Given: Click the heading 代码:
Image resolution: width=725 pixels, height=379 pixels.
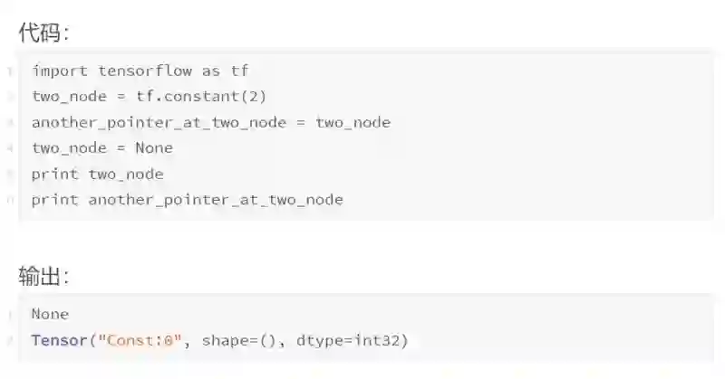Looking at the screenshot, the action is [x=43, y=33].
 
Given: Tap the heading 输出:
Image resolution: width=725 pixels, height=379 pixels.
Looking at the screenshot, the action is [x=43, y=276].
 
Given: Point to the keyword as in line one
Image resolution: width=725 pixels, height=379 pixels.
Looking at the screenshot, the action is [x=210, y=71].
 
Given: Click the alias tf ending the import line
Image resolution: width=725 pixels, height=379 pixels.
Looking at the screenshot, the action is [x=239, y=71].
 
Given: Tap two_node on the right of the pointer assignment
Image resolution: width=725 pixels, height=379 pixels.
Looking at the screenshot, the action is [x=353, y=122].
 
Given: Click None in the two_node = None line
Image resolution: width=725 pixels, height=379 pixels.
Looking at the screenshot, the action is [x=154, y=148].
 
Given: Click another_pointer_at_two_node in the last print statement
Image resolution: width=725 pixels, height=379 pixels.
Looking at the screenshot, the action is [x=216, y=200].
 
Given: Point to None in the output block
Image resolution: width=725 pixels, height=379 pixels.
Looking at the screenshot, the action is [x=50, y=315].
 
